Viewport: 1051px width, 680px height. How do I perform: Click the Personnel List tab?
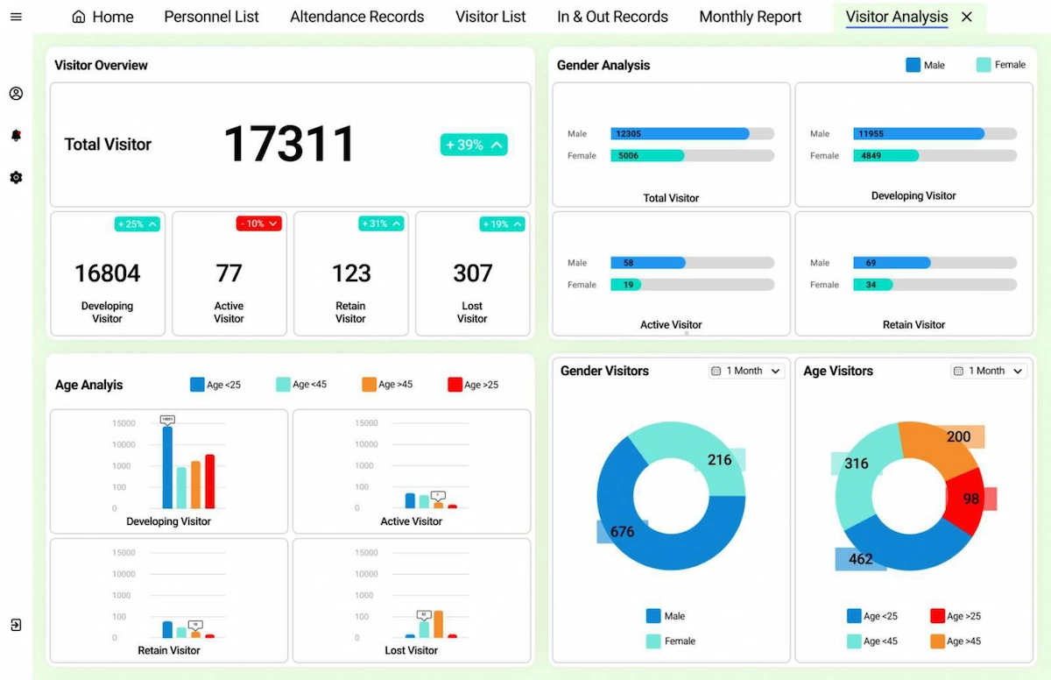(211, 17)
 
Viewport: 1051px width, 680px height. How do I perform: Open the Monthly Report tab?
(750, 17)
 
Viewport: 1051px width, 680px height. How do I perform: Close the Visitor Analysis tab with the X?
(967, 17)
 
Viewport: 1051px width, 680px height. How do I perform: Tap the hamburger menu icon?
(16, 17)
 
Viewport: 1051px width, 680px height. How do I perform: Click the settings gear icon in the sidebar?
(16, 178)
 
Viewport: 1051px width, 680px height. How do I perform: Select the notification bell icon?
(16, 135)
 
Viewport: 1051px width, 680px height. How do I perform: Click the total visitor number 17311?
(289, 145)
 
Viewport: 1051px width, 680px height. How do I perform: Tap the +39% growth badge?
(473, 145)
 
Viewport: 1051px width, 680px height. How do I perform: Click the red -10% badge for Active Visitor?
(258, 224)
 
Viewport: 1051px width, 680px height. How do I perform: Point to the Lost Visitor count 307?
(472, 273)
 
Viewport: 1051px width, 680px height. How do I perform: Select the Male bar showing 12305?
(680, 134)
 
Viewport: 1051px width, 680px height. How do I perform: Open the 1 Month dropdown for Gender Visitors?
(746, 372)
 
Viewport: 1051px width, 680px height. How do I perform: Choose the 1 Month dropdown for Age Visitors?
(989, 372)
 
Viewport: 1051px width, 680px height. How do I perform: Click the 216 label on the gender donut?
(720, 460)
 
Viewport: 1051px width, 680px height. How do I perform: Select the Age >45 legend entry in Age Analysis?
(387, 385)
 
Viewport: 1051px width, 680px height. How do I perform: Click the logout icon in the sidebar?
(16, 625)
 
